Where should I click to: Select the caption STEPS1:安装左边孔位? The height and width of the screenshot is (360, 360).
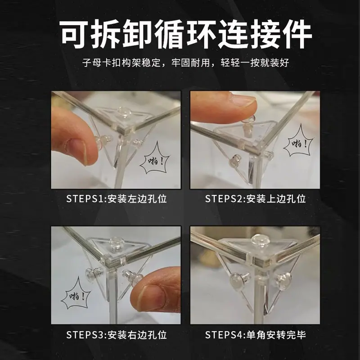point(117,199)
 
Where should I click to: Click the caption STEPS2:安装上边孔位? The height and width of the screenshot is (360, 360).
point(255,199)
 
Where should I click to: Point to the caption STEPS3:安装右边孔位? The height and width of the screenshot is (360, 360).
point(117,335)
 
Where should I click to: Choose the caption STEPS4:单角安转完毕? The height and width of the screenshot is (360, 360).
point(255,335)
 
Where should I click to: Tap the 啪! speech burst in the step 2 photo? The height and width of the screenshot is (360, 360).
point(299,143)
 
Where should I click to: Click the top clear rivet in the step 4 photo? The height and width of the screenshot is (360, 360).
point(260,240)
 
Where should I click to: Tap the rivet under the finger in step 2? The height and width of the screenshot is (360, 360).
point(248,125)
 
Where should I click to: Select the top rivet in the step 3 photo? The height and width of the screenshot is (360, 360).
point(116,243)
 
